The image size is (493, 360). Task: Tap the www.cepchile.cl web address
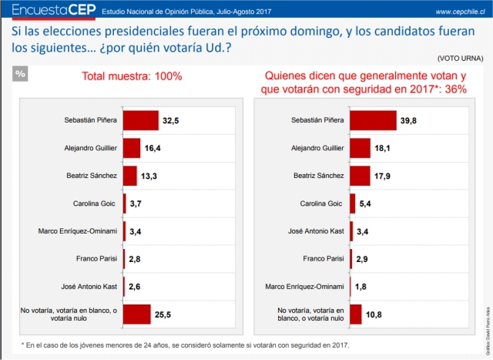(x=458, y=12)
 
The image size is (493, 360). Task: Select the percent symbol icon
(x=21, y=74)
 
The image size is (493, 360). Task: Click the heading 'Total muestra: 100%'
(x=132, y=76)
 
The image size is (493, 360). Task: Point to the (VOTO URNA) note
(x=461, y=59)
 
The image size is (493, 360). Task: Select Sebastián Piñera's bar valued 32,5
(x=140, y=121)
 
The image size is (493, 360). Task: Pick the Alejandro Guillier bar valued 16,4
(x=131, y=148)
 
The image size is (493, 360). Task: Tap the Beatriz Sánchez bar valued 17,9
(x=360, y=177)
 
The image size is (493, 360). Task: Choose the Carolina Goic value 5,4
(x=365, y=204)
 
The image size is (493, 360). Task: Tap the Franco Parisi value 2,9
(x=363, y=260)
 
